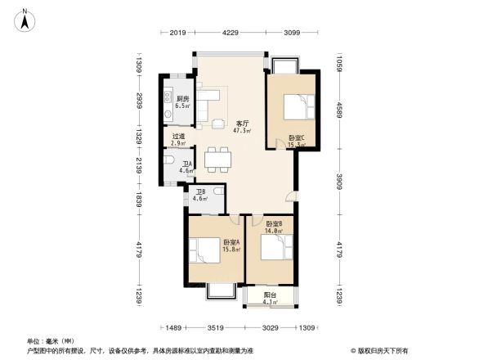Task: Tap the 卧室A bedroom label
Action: tap(231, 244)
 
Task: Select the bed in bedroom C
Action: tap(296, 108)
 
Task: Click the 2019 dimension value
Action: tap(179, 34)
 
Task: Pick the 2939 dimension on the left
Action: tap(140, 101)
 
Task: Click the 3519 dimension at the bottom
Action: tap(216, 327)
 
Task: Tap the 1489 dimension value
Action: tap(172, 327)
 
